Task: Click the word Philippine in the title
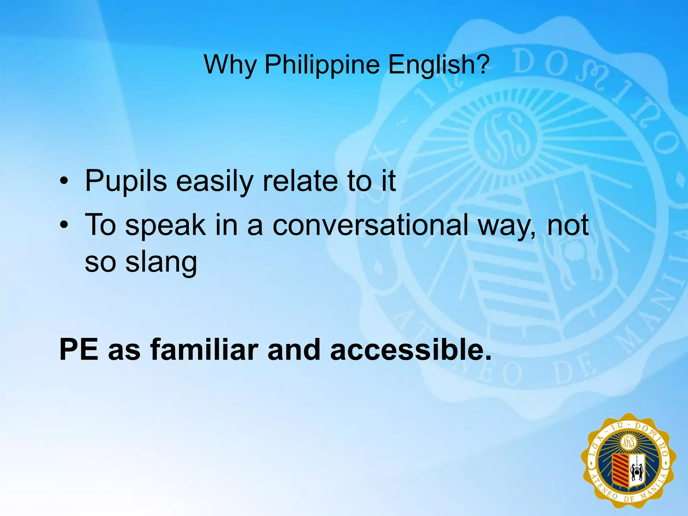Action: (x=322, y=64)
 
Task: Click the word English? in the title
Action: (x=438, y=64)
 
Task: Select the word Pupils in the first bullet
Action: (x=126, y=181)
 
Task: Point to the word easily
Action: (x=214, y=181)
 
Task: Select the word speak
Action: (x=165, y=225)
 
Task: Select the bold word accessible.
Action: (x=411, y=350)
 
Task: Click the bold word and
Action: (x=294, y=350)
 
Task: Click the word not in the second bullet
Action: (x=568, y=225)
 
